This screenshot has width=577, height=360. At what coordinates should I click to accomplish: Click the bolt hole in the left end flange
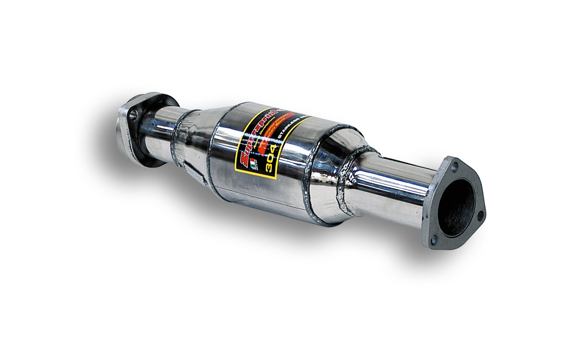pyautogui.click(x=132, y=115)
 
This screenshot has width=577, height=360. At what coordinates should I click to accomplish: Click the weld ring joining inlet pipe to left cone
pyautogui.click(x=179, y=136)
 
